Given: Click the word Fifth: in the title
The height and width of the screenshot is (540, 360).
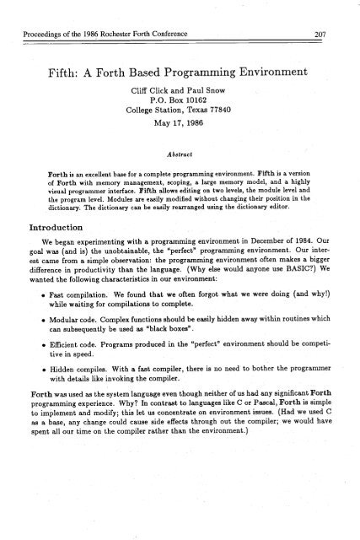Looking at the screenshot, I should coord(68,59).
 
